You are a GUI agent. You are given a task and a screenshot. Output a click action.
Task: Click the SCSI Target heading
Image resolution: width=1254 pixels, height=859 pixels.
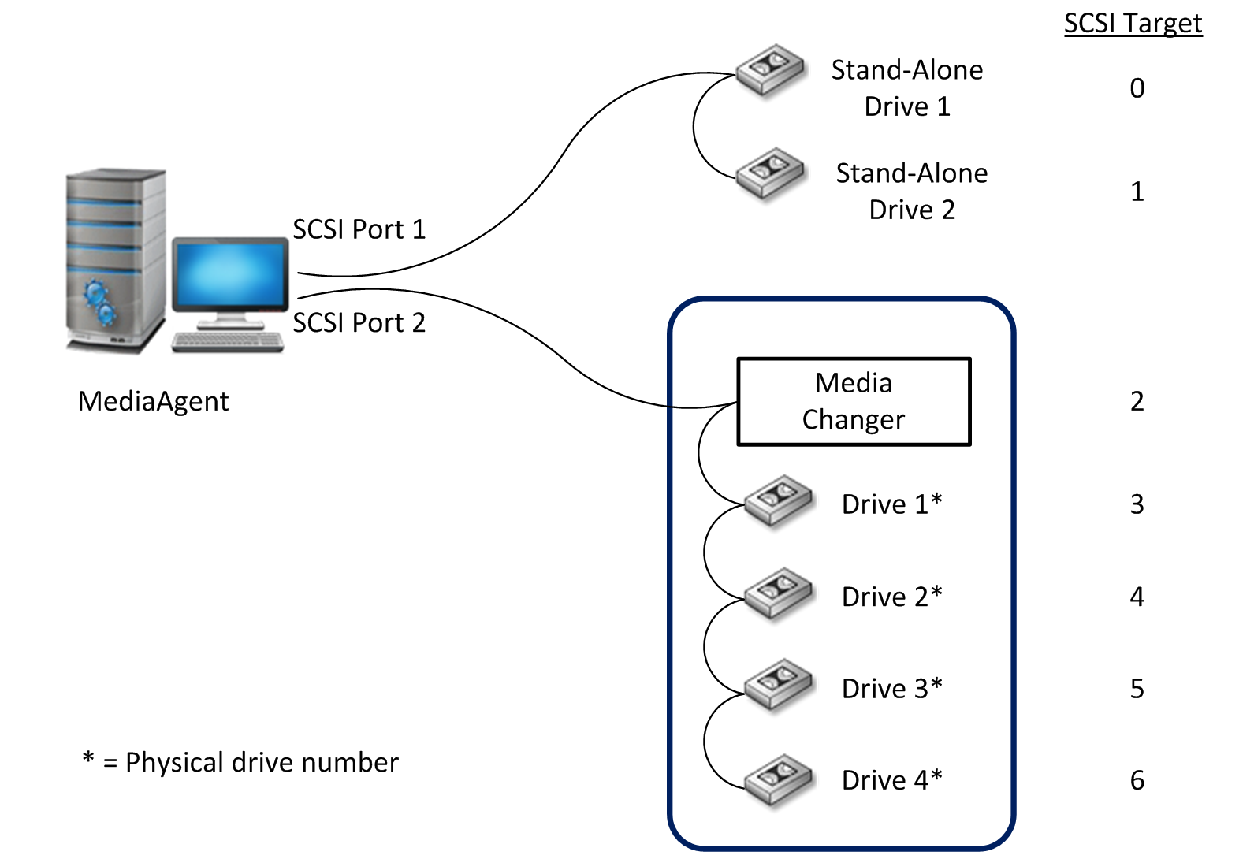[x=1133, y=24]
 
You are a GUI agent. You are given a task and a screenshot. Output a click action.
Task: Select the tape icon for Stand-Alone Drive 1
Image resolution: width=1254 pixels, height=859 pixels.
[x=770, y=69]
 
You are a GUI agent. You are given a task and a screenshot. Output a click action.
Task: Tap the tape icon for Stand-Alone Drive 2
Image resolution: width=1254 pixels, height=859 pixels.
[x=770, y=173]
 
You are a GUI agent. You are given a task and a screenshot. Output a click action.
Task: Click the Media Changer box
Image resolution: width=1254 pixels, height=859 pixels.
[x=854, y=402]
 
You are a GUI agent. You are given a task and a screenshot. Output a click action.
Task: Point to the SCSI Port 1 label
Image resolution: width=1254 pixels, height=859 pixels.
[x=359, y=229]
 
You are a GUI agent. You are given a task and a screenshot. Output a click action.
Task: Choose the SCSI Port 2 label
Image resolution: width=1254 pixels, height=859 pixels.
[x=359, y=323]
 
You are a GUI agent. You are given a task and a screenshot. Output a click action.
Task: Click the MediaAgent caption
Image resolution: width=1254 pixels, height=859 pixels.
[x=153, y=402]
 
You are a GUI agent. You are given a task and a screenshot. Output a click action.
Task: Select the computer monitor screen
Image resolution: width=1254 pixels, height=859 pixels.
[x=230, y=274]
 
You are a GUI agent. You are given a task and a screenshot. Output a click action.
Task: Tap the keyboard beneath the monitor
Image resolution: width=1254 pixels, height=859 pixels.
[x=228, y=342]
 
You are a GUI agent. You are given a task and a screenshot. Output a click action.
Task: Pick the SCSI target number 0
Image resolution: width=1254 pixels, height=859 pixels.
[x=1137, y=88]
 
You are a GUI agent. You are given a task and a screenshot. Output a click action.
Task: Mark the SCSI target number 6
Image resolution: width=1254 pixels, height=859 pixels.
[x=1137, y=780]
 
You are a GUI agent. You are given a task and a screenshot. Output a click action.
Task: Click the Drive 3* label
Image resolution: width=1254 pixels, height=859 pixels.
[x=891, y=689]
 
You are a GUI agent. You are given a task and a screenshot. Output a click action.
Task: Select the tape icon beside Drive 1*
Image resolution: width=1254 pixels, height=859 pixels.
[x=779, y=500]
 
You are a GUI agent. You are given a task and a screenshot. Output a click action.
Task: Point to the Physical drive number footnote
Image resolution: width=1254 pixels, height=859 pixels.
[x=240, y=762]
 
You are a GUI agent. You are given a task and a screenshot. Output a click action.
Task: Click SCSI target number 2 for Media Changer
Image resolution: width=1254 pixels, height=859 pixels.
[x=1137, y=402]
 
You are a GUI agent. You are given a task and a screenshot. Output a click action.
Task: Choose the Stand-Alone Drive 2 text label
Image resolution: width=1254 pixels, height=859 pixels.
[x=912, y=192]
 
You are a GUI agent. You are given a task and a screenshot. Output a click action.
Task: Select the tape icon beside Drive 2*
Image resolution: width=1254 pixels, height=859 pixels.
[x=779, y=593]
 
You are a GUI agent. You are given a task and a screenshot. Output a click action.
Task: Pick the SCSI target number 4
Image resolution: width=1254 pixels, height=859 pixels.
[x=1137, y=597]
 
